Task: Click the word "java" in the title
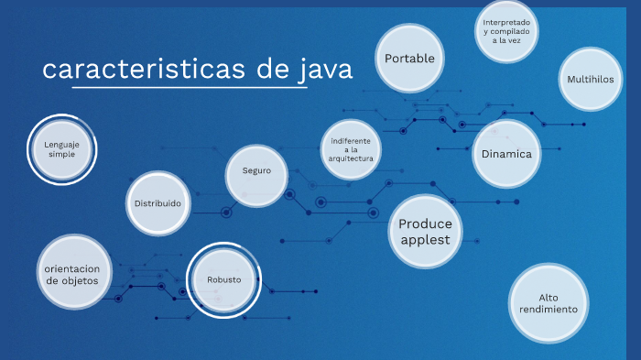[x=326, y=70]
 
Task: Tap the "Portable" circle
[x=409, y=59]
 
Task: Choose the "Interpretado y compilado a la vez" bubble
[x=506, y=31]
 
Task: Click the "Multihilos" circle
[x=590, y=79]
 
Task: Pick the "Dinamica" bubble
[x=506, y=153]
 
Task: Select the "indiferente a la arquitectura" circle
[x=352, y=149]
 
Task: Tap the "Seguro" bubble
[x=256, y=171]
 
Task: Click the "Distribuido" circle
[x=158, y=202]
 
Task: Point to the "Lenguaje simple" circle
[x=62, y=148]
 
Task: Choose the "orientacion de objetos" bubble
[x=77, y=274]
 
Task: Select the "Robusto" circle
[x=223, y=279]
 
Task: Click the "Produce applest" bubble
[x=426, y=232]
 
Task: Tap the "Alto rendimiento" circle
[x=548, y=303]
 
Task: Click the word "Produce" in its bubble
[x=426, y=224]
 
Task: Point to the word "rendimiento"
[x=548, y=310]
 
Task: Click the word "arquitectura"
[x=352, y=158]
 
